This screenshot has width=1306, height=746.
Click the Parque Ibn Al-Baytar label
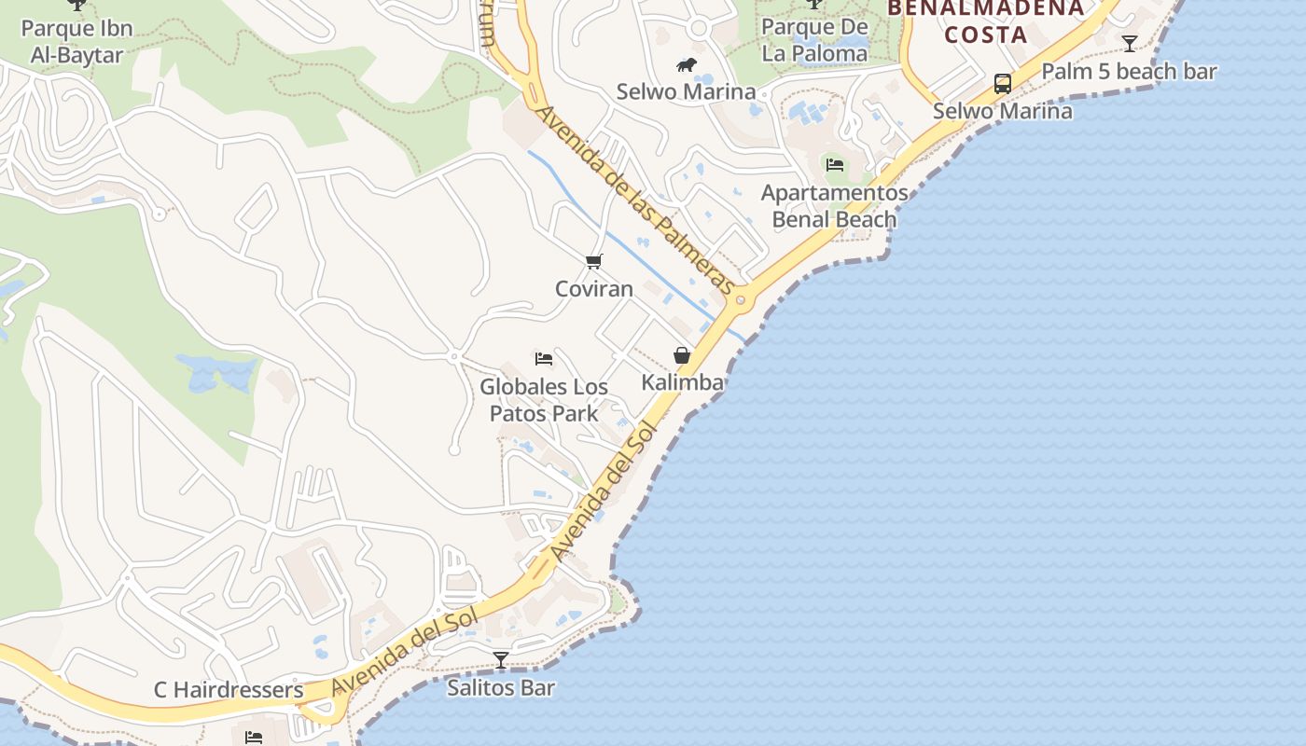click(x=76, y=41)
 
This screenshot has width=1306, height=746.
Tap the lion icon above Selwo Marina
click(x=687, y=64)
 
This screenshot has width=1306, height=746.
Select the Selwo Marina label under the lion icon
click(x=686, y=91)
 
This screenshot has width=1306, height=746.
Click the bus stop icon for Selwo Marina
click(x=1003, y=84)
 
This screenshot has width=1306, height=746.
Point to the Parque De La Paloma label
click(x=814, y=40)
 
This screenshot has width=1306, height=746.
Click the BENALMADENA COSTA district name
click(x=986, y=21)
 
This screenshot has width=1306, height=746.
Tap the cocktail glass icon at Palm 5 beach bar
click(x=1130, y=43)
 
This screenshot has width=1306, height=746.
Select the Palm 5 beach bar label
click(x=1129, y=71)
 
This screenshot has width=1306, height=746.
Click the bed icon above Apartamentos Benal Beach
click(x=835, y=165)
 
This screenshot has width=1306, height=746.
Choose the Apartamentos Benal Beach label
click(x=835, y=206)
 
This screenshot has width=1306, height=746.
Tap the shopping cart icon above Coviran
click(x=594, y=261)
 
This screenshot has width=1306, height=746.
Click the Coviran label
click(x=594, y=289)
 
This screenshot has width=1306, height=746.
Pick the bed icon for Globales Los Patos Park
click(x=544, y=358)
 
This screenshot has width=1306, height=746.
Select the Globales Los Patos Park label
click(x=544, y=399)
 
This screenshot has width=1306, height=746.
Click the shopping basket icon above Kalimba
click(x=682, y=355)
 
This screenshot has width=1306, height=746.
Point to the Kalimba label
click(x=682, y=382)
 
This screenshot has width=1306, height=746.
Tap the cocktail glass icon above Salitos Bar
click(x=501, y=660)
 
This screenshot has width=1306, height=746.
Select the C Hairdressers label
click(x=229, y=690)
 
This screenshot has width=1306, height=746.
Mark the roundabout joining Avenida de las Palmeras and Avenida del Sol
click(x=742, y=299)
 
